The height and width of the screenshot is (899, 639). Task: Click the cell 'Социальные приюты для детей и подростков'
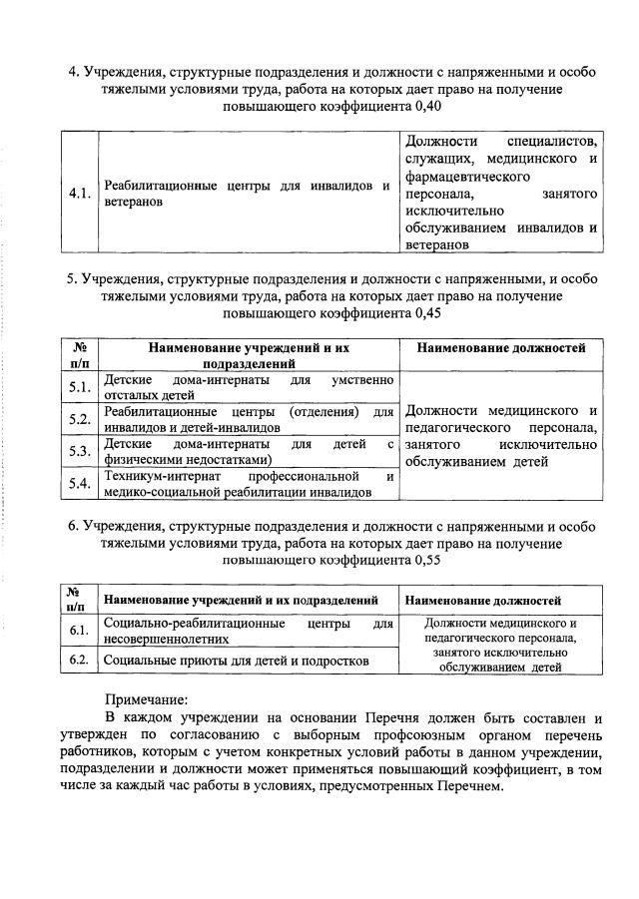[x=237, y=661]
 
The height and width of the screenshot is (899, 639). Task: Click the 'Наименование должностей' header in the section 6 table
[x=483, y=601]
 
